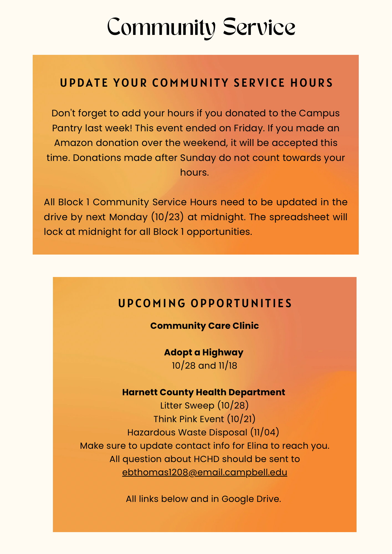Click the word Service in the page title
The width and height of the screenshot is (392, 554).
click(259, 27)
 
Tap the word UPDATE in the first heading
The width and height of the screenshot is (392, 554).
click(84, 83)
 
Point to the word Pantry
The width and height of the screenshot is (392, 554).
click(67, 128)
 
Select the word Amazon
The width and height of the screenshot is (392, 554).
click(73, 143)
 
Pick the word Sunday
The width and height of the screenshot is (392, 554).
click(198, 158)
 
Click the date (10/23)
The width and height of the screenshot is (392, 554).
click(167, 217)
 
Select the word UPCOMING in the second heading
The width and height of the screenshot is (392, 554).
click(152, 304)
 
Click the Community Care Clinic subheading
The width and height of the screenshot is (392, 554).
click(204, 326)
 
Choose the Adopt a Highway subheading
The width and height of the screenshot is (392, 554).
click(204, 352)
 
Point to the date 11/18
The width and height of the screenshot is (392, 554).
click(228, 366)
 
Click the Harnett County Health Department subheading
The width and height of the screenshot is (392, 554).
click(204, 392)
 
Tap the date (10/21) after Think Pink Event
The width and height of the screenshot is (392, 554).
click(241, 419)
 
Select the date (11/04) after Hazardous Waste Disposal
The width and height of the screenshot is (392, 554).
click(265, 432)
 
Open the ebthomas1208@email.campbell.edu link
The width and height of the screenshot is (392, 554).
click(204, 472)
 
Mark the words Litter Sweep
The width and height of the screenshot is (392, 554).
click(187, 406)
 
